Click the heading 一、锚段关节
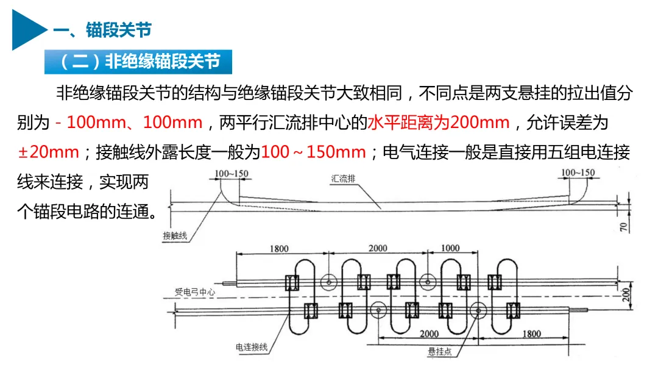[x=101, y=30]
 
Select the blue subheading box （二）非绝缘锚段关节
[x=138, y=62]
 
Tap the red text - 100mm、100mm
[x=129, y=123]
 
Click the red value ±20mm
[x=48, y=152]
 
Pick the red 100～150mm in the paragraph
[x=314, y=152]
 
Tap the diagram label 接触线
[x=175, y=236]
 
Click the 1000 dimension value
[x=450, y=247]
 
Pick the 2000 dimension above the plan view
[x=378, y=247]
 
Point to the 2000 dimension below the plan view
[x=429, y=334]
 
